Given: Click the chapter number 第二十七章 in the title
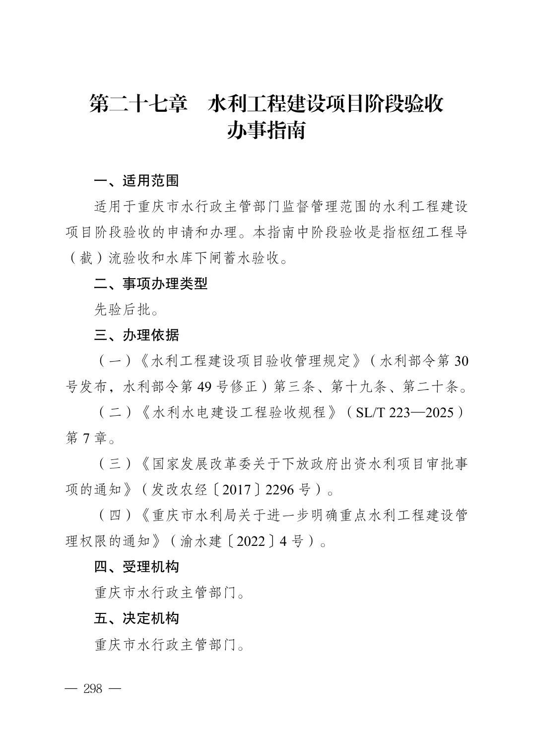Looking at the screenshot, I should (138, 104).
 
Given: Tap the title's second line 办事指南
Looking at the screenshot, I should (266, 131).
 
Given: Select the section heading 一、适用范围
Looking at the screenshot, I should (136, 181).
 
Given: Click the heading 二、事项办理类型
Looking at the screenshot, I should (151, 284).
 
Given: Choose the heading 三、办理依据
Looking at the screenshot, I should (136, 335).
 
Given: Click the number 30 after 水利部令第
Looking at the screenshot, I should (461, 361).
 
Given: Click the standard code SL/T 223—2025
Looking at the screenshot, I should (405, 413).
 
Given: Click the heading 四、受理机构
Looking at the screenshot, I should (136, 567).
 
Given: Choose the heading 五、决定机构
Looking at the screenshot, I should (136, 618).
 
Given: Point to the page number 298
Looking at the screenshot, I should (93, 689).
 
